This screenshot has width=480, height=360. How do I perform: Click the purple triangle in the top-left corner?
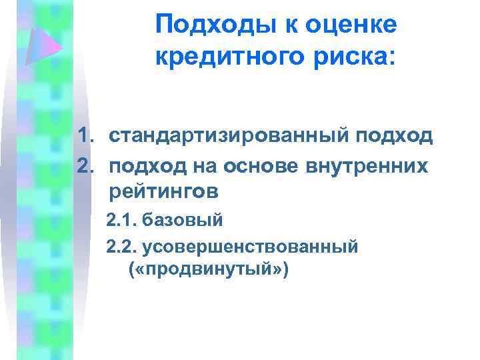(43, 45)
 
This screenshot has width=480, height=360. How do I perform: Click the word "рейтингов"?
(163, 193)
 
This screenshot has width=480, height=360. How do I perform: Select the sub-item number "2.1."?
(120, 219)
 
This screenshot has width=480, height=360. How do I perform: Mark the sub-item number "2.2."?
(120, 247)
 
